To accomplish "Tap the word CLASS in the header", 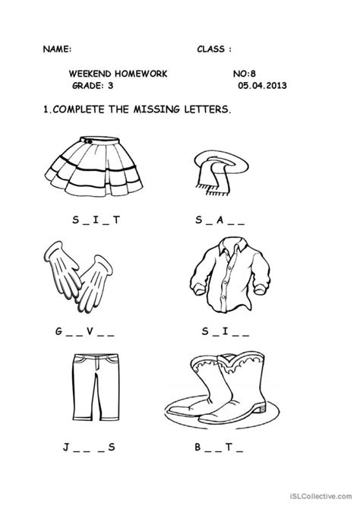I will coord(212,47).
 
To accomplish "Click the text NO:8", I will coord(245,74).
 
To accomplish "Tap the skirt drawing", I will coord(86,165).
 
